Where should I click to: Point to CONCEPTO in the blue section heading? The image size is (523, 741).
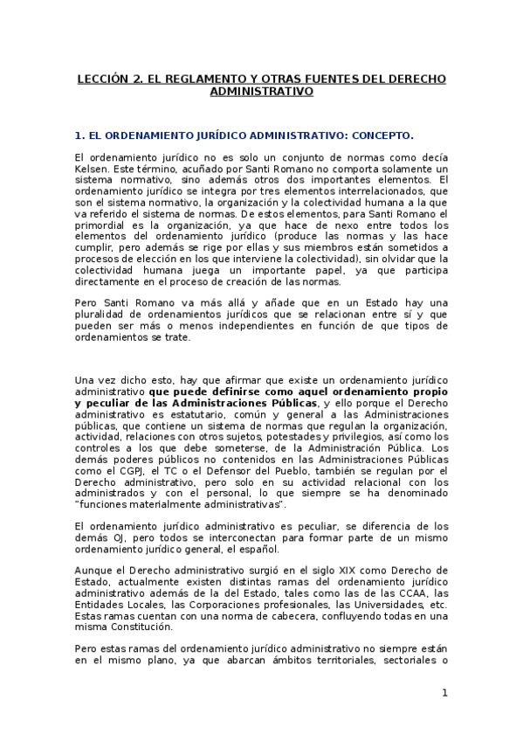[x=380, y=135]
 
